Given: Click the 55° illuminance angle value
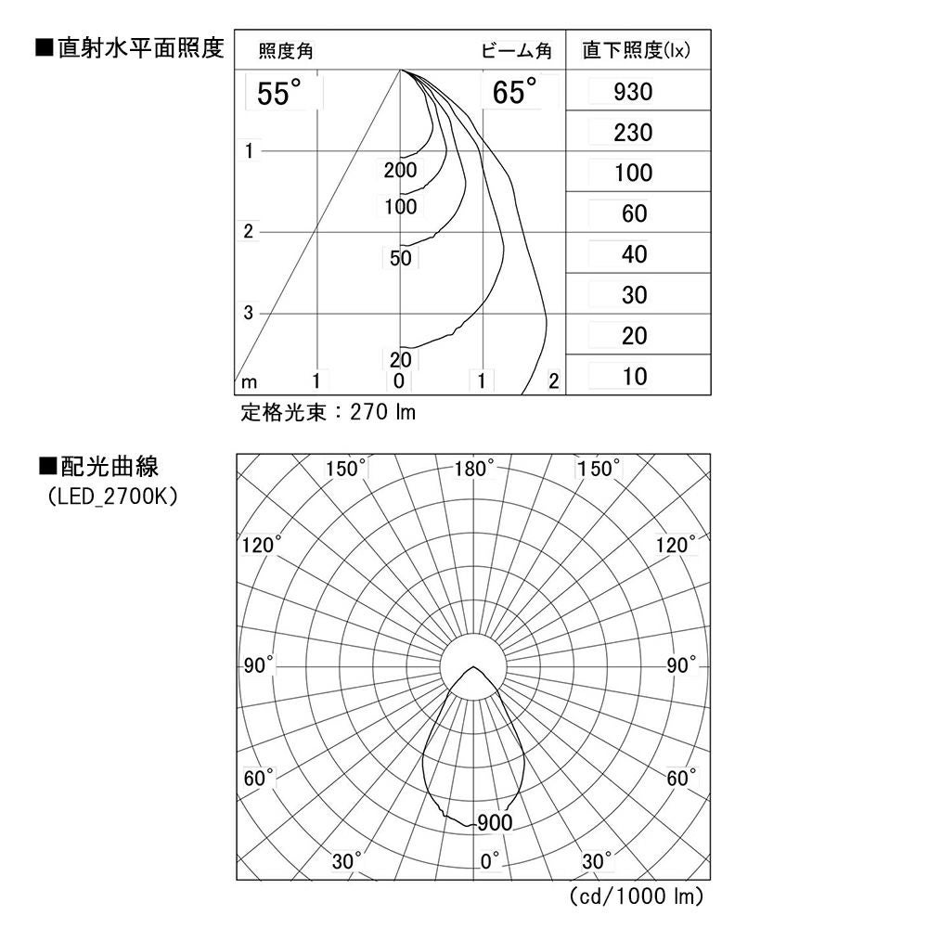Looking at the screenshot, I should [x=279, y=94].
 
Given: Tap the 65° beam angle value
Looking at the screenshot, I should [x=515, y=94].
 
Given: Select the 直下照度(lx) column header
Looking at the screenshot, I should [x=636, y=51].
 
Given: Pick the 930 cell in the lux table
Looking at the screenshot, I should [x=634, y=93].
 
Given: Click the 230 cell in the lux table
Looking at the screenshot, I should [x=634, y=134].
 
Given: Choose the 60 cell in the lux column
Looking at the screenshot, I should [x=634, y=214].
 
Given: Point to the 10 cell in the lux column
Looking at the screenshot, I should [x=635, y=377].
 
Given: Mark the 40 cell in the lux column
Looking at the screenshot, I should [x=634, y=255].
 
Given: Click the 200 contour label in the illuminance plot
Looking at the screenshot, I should [x=400, y=170].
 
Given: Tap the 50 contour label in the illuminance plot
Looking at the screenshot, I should [x=400, y=259].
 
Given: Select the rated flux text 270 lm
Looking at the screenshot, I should [x=329, y=412].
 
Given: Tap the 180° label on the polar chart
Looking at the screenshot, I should [x=474, y=469].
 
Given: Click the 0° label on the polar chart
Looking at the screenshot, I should [x=491, y=860].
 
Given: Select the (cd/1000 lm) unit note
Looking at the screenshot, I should [x=636, y=896].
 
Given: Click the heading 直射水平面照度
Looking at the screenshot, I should [x=130, y=48].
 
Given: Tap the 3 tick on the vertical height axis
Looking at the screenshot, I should [x=248, y=314].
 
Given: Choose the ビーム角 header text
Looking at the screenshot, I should [x=516, y=51].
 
